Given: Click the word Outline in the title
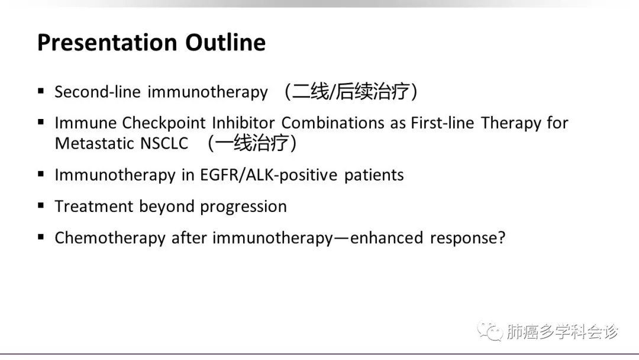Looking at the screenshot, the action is coord(225,43).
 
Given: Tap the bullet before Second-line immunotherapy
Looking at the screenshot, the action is coord(41,91).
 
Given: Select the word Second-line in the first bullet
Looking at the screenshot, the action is coord(98,92).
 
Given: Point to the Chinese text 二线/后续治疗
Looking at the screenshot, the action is coord(351,91).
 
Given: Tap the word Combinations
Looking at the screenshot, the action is coord(333,123).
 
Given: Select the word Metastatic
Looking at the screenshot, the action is coord(95,143).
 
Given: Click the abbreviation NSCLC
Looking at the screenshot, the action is coord(164,143).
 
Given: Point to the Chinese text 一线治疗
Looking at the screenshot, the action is coord(252,143).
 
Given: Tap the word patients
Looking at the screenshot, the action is coord(374,175).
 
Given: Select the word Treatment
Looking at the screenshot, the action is coord(94,206).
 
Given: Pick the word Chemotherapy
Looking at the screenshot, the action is coord(110,238).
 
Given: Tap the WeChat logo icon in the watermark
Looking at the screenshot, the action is coord(490,330).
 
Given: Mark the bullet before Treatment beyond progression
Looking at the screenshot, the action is coord(41,205).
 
